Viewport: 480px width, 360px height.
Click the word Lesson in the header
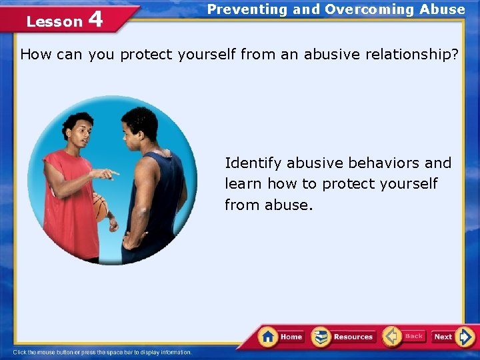[54, 21]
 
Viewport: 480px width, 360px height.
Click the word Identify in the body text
[253, 163]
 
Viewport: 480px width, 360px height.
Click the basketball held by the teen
[100, 207]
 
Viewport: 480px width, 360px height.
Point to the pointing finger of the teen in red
[113, 173]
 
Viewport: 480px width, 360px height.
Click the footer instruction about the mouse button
[103, 352]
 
